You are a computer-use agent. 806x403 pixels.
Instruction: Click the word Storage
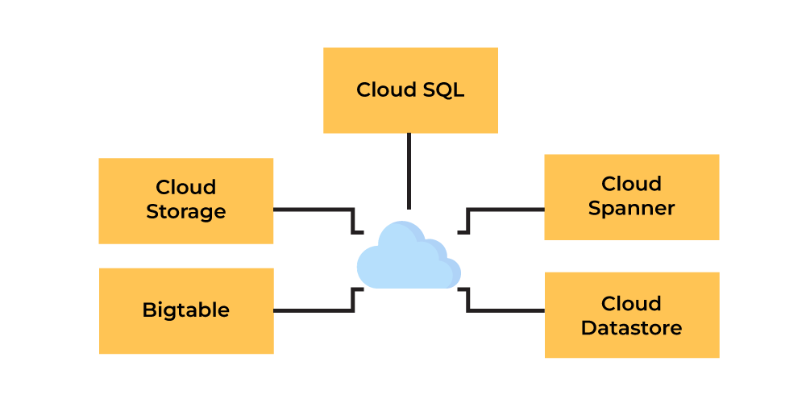coord(186,212)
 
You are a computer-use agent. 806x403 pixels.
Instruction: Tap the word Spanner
coord(631,209)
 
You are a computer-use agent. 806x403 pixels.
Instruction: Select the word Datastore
coord(631,328)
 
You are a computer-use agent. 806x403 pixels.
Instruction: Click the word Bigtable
coord(186,310)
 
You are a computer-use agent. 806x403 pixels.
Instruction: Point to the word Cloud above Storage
coord(186,187)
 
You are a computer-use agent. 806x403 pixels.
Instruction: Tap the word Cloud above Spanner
coord(631,184)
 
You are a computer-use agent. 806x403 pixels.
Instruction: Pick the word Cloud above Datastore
coord(631,304)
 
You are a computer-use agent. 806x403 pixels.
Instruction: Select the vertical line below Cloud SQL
coord(409,171)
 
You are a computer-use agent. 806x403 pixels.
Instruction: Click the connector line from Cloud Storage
coord(314,210)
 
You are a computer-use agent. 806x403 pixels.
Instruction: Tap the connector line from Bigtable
coord(314,310)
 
